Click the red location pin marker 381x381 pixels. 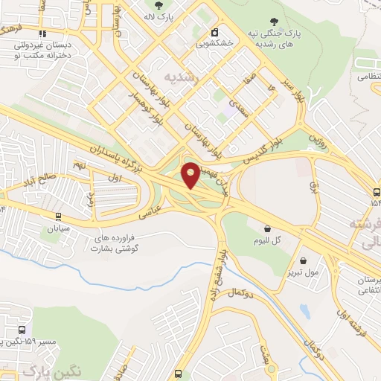(190, 175)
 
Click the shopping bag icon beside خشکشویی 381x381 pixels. (215, 32)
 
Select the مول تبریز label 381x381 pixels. (304, 273)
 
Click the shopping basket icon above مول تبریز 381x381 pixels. (304, 260)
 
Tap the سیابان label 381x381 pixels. (58, 229)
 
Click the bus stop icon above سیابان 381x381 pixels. (58, 217)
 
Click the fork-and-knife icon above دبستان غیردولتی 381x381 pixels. (43, 33)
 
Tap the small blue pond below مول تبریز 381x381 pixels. (304, 311)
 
